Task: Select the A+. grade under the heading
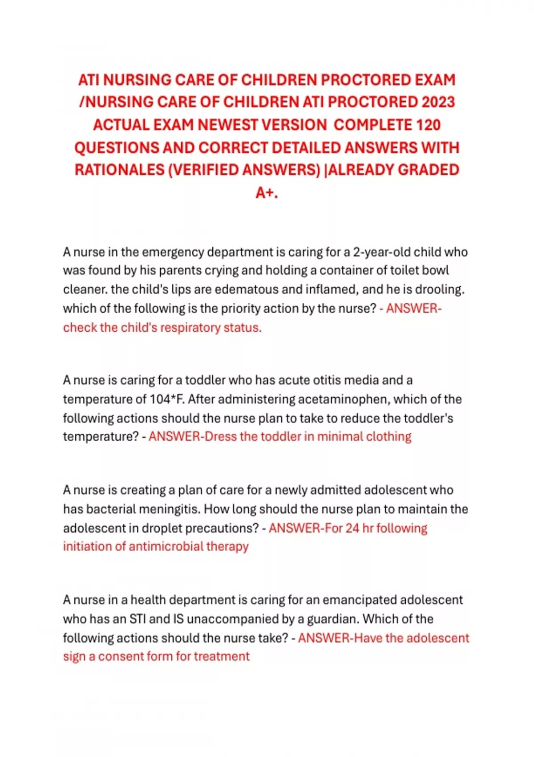click(267, 193)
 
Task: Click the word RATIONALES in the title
click(119, 170)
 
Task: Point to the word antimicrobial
click(166, 546)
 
